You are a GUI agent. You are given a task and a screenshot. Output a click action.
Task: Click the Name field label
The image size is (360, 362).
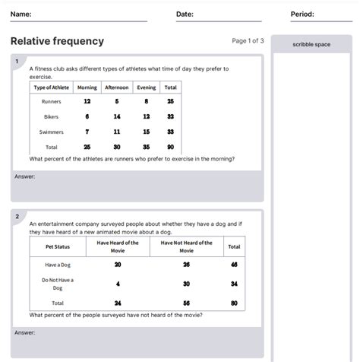[x=21, y=14]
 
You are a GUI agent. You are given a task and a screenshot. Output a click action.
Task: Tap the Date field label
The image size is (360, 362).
[x=185, y=14]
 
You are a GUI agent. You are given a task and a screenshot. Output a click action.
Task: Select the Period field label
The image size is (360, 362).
[x=302, y=14]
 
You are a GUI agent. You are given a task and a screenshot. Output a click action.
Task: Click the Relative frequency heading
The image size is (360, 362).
[x=58, y=41]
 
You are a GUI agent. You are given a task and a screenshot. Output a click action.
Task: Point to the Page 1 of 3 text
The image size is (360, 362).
[x=248, y=40]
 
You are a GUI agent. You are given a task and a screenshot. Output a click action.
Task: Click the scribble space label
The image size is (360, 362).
[x=311, y=45]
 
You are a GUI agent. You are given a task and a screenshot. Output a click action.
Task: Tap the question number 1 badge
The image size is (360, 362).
[x=16, y=60]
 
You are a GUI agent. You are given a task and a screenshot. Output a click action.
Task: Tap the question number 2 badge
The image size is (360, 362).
[x=16, y=216]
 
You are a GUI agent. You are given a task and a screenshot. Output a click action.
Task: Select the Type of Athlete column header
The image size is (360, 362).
[x=51, y=87]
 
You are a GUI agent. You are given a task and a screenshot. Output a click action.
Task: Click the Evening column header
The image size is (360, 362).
[x=146, y=87]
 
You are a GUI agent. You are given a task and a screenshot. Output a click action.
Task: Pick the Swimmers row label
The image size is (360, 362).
[x=51, y=132]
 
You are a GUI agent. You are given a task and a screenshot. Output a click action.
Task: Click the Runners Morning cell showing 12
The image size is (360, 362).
[x=87, y=101]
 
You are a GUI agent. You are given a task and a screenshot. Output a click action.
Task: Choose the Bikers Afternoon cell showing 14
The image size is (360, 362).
[x=117, y=116]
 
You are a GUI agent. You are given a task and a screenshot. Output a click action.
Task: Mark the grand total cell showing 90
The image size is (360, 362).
[x=170, y=147]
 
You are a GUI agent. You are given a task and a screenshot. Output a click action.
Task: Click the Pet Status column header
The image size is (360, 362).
[x=58, y=246]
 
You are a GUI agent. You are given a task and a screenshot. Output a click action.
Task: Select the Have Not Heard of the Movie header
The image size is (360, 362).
[x=187, y=246]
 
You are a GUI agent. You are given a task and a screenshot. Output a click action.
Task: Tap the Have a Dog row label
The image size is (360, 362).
[x=58, y=265]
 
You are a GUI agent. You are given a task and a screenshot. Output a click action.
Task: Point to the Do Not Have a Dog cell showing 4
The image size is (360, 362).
[x=118, y=284]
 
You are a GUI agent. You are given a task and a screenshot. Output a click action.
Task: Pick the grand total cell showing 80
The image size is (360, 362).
[x=234, y=303]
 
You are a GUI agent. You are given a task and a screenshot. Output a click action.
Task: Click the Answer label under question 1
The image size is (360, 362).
[x=24, y=176]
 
